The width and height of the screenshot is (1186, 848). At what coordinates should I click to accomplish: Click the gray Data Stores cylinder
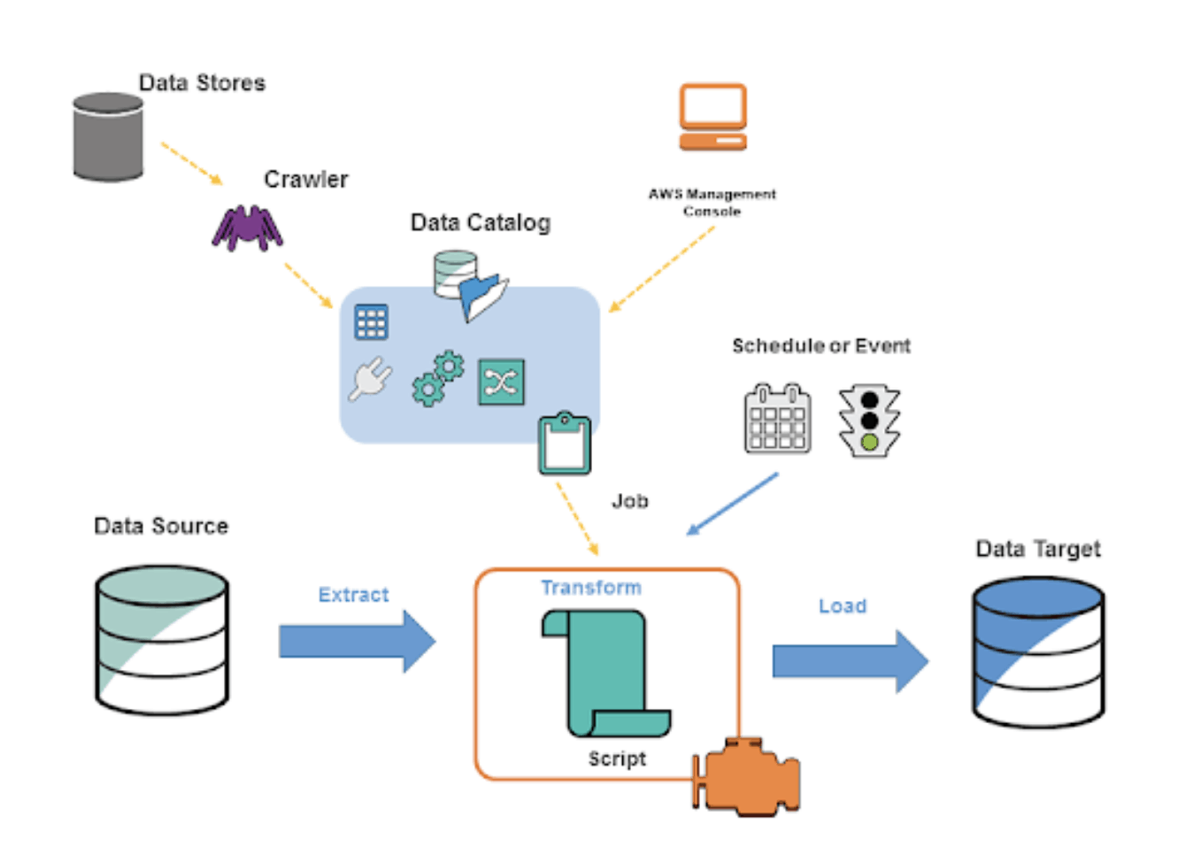[x=108, y=137]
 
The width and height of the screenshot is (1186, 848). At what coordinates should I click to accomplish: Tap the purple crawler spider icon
[x=247, y=228]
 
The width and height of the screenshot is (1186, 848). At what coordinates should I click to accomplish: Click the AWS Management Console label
[x=712, y=203]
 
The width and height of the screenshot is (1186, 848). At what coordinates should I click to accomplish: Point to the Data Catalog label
[x=480, y=223]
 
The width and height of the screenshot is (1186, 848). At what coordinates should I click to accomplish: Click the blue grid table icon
[x=371, y=322]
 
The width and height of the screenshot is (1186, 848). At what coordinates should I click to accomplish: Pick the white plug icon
[x=370, y=379]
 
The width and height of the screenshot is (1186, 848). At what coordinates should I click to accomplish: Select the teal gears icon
[x=438, y=378]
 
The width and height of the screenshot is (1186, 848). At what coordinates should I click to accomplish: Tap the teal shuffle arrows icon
[x=501, y=382]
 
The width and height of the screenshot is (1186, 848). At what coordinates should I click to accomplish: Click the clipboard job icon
[x=565, y=443]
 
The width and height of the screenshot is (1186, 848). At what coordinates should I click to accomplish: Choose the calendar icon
[x=777, y=420]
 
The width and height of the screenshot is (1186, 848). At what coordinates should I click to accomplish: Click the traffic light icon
[x=869, y=420]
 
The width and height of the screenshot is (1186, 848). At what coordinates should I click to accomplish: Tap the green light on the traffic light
[x=869, y=442]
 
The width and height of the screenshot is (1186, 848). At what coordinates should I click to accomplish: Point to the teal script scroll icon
[x=606, y=673]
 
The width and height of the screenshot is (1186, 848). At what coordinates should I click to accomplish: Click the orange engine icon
[x=749, y=777]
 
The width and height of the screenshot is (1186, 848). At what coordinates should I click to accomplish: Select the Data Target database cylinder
[x=1038, y=652]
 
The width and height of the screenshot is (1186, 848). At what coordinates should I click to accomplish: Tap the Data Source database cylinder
[x=162, y=640]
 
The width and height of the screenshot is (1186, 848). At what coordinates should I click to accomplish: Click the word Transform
[x=591, y=588]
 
